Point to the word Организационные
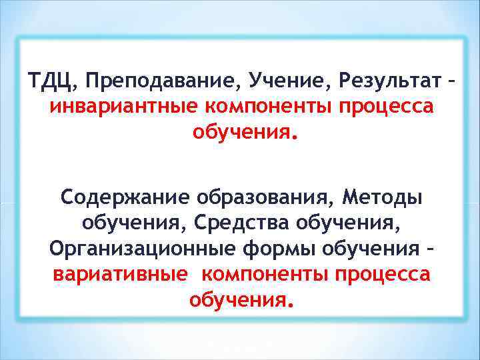click(139, 248)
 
